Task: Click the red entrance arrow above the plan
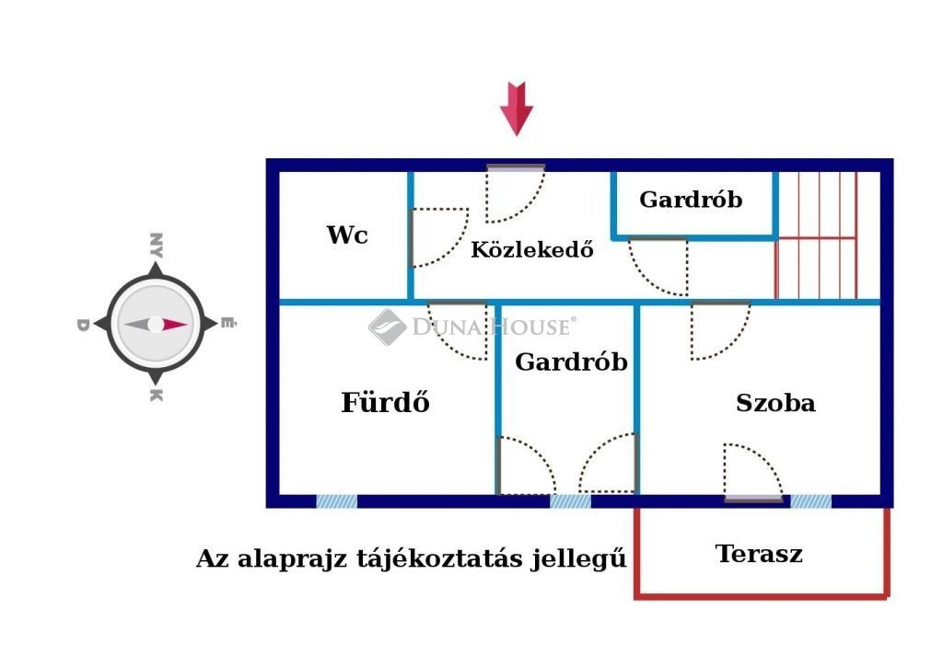516,109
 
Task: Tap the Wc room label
347,235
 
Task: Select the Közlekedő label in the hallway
531,248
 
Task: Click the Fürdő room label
386,401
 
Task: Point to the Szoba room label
775,403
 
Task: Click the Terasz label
759,554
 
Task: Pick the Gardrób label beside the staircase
691,200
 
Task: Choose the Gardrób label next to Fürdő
571,362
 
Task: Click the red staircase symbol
816,235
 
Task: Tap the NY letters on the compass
156,246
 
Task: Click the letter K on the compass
156,395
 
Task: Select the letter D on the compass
83,325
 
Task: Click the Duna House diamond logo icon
388,327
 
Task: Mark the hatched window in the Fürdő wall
336,501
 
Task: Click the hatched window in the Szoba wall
810,501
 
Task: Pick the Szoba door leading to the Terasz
753,473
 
